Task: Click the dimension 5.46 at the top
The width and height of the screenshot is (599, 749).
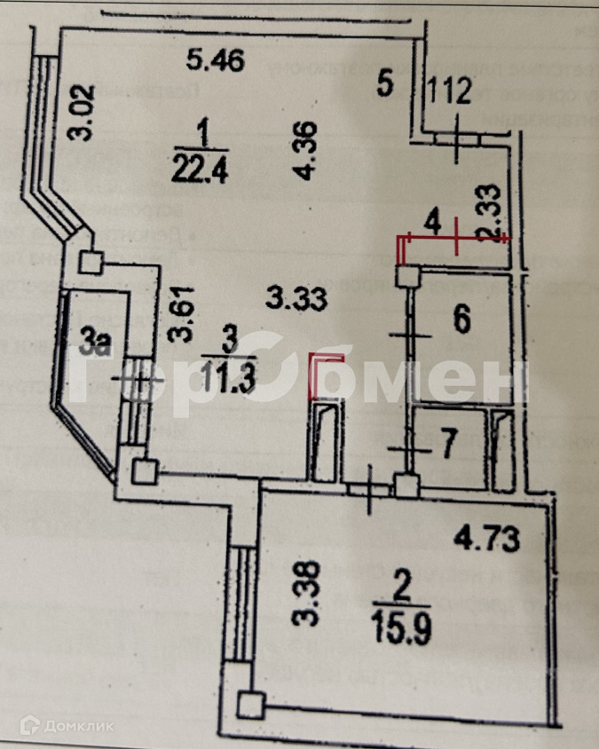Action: pos(215,60)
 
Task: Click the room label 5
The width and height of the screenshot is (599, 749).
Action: pos(383,85)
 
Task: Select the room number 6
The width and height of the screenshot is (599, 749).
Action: pos(461,321)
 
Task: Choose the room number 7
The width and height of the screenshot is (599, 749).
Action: pos(449,446)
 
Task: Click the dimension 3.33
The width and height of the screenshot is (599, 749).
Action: pos(293,297)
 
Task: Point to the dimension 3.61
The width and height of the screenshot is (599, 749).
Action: pos(182,311)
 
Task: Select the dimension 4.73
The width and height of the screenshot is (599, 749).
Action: pos(485,537)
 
